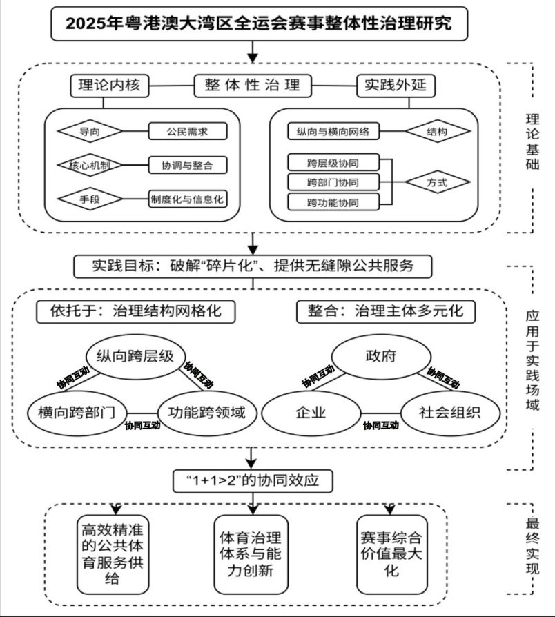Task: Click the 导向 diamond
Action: pos(89,130)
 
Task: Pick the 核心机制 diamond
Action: pos(89,165)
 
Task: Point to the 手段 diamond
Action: pos(89,199)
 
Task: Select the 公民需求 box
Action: pos(187,130)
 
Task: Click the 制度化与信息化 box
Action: pos(188,199)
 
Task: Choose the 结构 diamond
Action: pos(436,130)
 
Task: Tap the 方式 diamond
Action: pos(436,183)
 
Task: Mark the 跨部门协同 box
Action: pos(333,183)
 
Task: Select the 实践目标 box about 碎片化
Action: pos(253,266)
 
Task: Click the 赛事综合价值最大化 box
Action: pos(391,554)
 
